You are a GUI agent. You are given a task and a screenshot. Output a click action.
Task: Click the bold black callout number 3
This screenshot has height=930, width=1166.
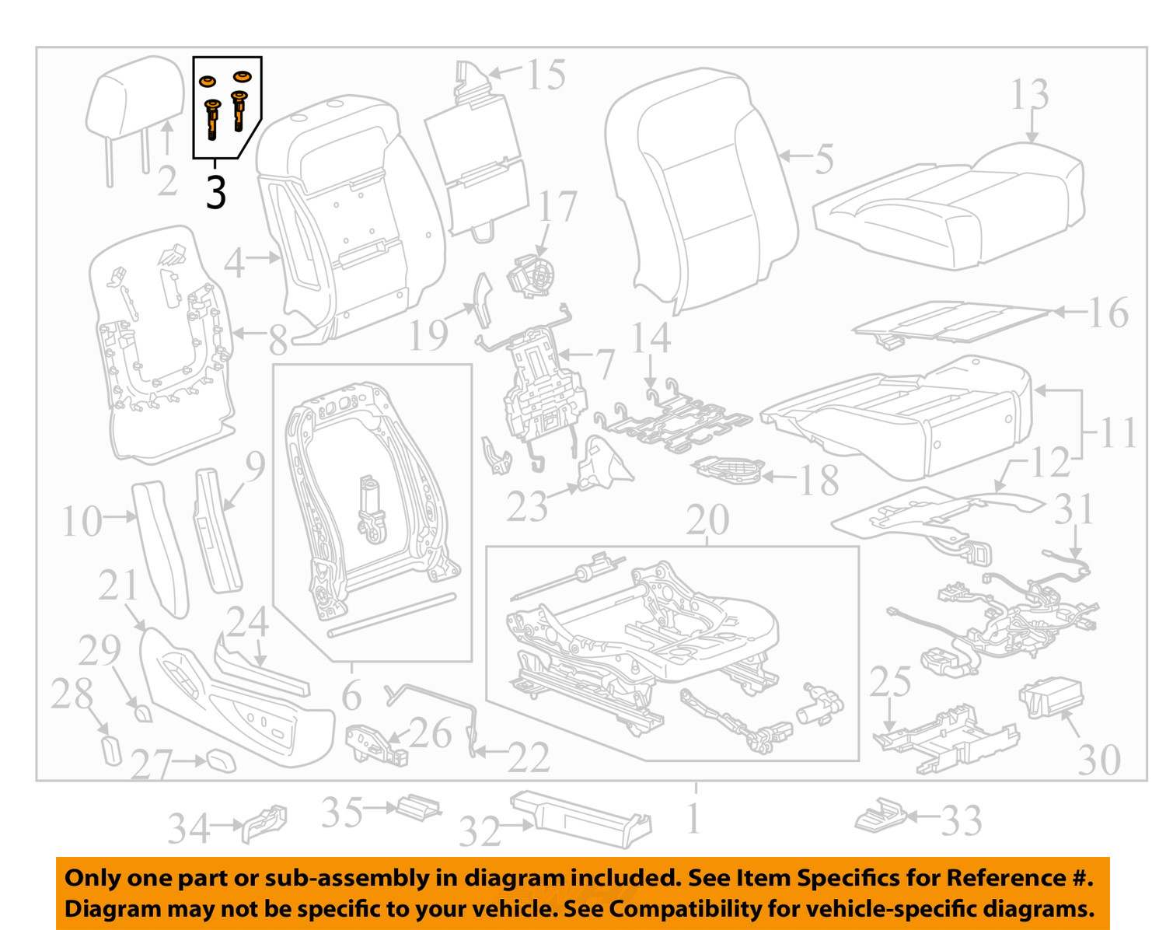point(216,193)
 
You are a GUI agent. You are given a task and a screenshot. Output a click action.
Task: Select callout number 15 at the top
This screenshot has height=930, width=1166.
point(546,75)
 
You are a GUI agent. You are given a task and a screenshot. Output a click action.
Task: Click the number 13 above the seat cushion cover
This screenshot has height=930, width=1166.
point(1029,95)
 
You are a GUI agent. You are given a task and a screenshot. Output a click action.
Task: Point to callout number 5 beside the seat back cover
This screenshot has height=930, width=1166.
point(824,159)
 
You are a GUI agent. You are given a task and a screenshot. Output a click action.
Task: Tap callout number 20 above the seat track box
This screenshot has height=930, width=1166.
point(707,520)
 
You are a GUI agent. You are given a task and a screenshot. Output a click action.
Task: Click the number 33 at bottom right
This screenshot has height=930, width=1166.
point(962,820)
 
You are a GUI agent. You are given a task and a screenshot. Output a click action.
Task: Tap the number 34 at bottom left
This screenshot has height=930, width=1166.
point(189,829)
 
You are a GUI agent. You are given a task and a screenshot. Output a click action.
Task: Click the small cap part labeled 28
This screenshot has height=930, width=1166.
point(113,750)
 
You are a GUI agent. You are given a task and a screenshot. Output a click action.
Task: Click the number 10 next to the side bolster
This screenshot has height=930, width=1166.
point(82,521)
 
